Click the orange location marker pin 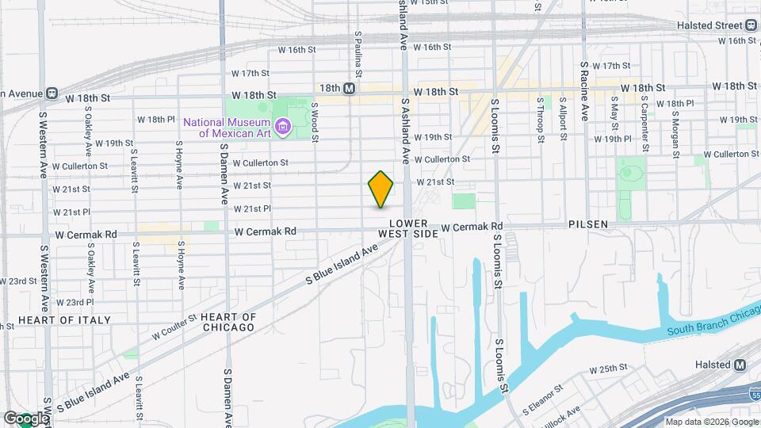tap(381, 189)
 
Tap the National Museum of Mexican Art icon tap(281, 126)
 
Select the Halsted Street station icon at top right tap(751, 25)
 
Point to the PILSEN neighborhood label tap(588, 224)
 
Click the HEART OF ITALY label tap(54, 319)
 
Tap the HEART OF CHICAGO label tap(228, 322)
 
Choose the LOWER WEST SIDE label tap(408, 229)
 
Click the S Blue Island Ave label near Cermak tap(342, 264)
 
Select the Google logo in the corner tap(25, 418)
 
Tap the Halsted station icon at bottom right tap(740, 364)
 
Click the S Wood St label tap(315, 122)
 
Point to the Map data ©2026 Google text tap(711, 422)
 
